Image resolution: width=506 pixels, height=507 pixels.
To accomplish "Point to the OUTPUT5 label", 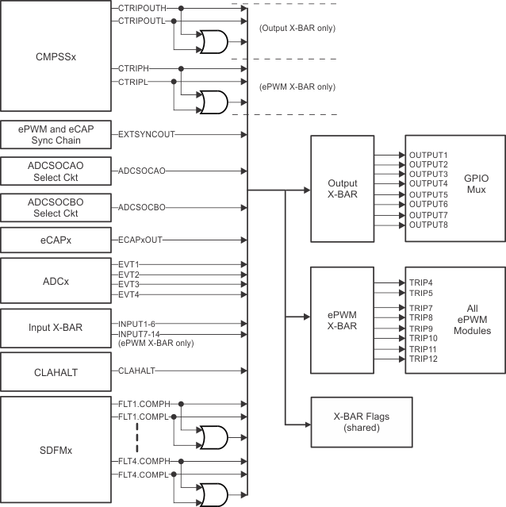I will tap(428, 194).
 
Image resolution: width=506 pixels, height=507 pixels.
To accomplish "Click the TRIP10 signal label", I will tap(424, 339).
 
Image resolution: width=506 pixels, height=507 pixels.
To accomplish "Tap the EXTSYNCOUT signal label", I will tap(146, 135).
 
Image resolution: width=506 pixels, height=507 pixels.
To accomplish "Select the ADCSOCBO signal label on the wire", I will tap(142, 207).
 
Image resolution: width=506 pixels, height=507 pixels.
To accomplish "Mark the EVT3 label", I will tap(128, 283).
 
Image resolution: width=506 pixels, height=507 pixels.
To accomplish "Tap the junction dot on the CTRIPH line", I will tap(182, 69).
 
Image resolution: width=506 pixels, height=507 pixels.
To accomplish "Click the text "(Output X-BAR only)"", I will tap(297, 29).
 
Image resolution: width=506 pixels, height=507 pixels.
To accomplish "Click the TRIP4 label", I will tap(422, 282).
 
